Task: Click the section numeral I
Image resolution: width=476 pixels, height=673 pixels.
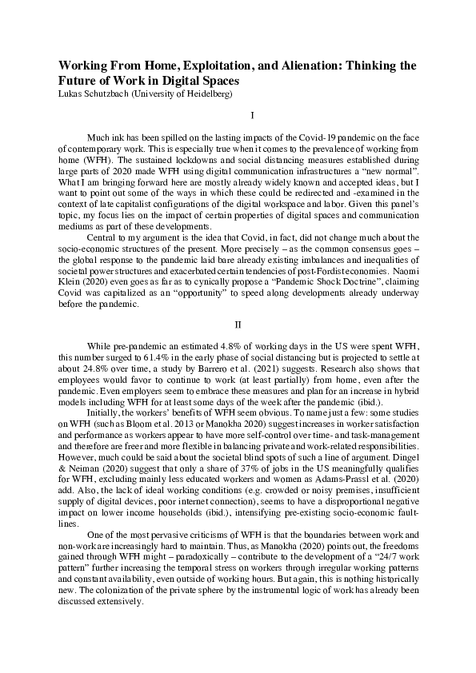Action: pyautogui.click(x=238, y=116)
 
